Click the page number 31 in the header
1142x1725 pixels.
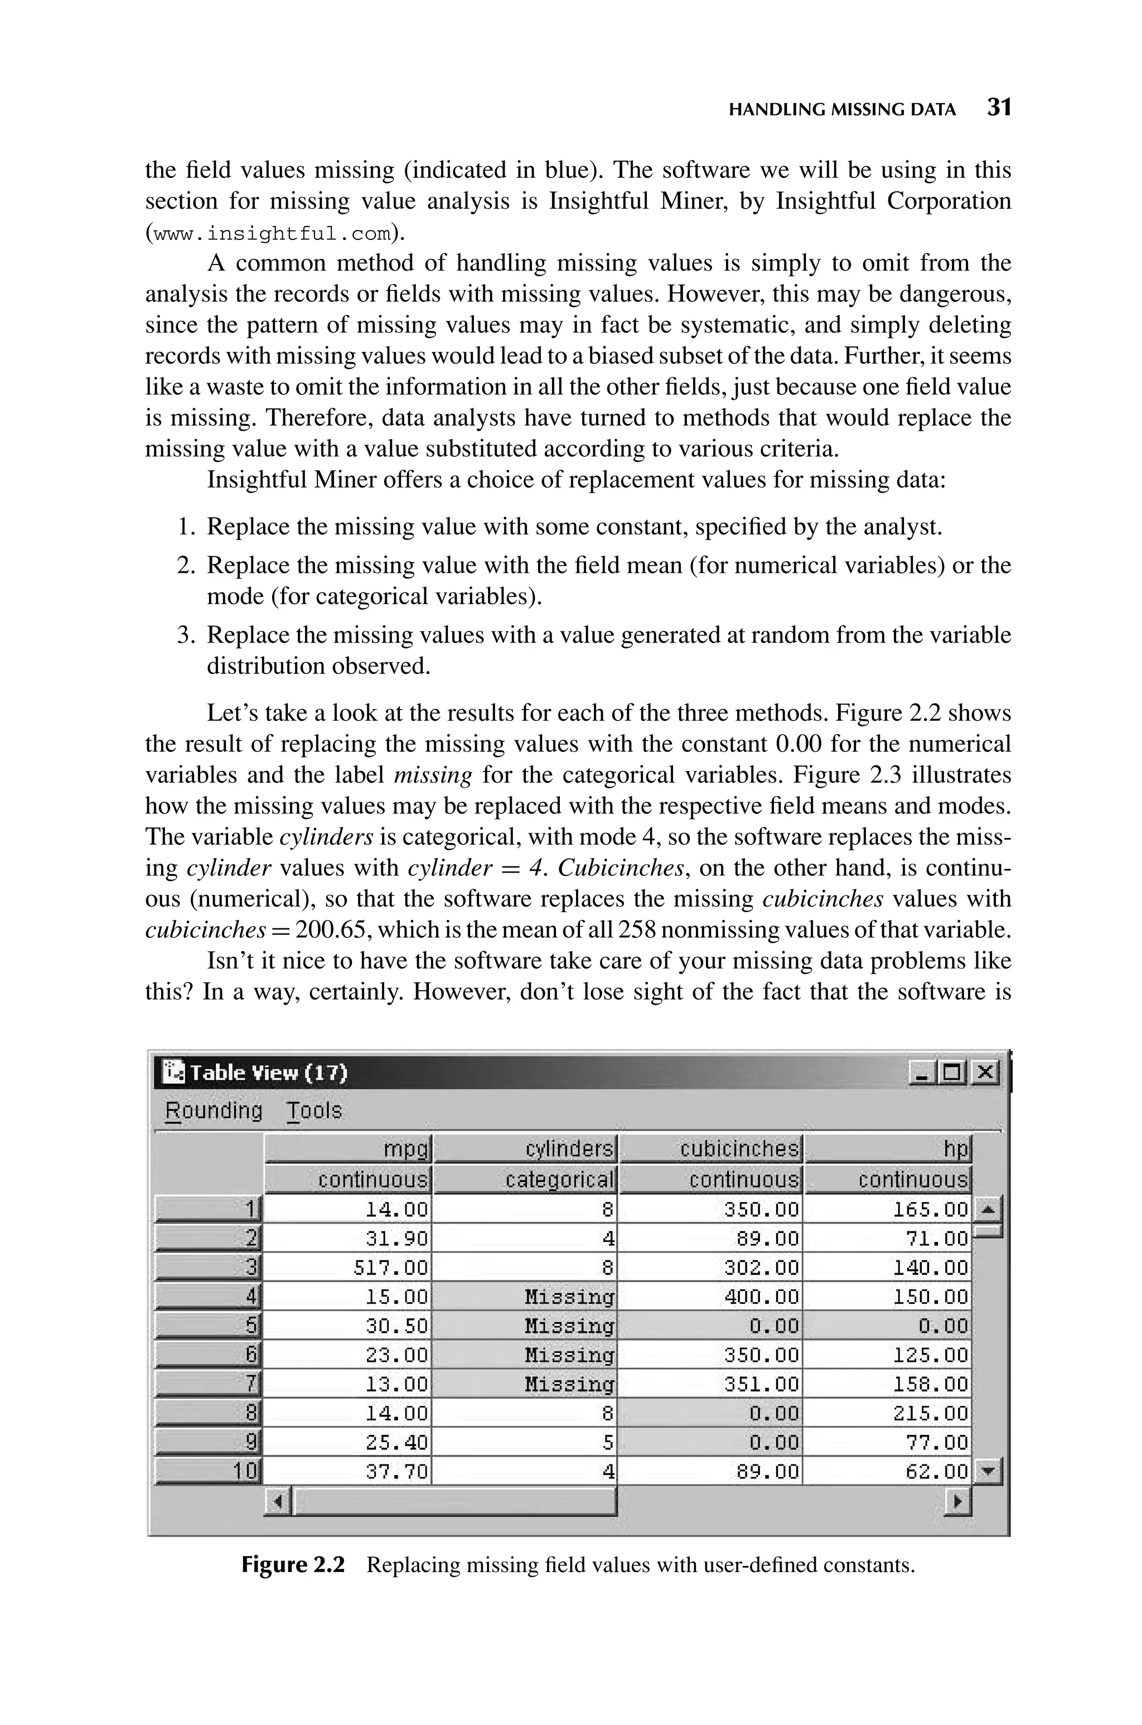point(999,108)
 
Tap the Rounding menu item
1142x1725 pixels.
point(214,1110)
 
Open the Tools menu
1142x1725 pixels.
point(314,1110)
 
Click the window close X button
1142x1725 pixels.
point(986,1072)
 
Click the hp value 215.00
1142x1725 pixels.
point(930,1413)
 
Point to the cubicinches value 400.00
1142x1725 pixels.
point(761,1297)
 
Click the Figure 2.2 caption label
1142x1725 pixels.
point(293,1565)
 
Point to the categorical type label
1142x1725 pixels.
point(559,1179)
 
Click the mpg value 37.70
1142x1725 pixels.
point(396,1472)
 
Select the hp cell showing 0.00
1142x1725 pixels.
point(942,1326)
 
